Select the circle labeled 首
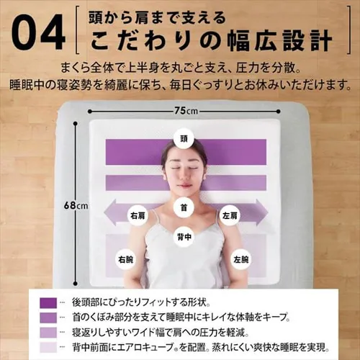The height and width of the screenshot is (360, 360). (x=184, y=208)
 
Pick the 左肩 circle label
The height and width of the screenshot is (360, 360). (x=231, y=215)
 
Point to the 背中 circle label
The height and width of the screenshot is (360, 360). (x=184, y=235)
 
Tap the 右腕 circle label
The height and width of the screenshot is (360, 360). (x=127, y=258)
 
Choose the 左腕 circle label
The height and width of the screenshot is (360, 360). (x=240, y=258)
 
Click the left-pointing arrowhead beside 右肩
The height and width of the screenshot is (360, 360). (x=110, y=215)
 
